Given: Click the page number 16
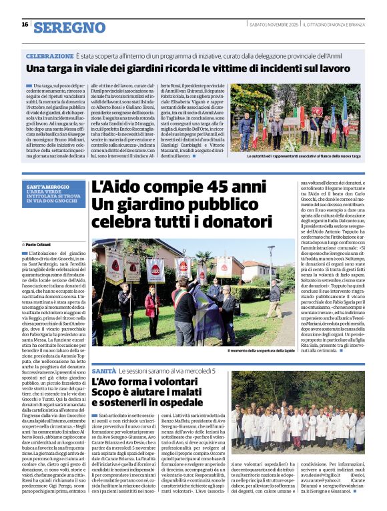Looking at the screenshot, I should tap(25, 25).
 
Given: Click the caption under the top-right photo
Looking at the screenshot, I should tap(304, 156).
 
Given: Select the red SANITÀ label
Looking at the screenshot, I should tap(103, 370).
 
